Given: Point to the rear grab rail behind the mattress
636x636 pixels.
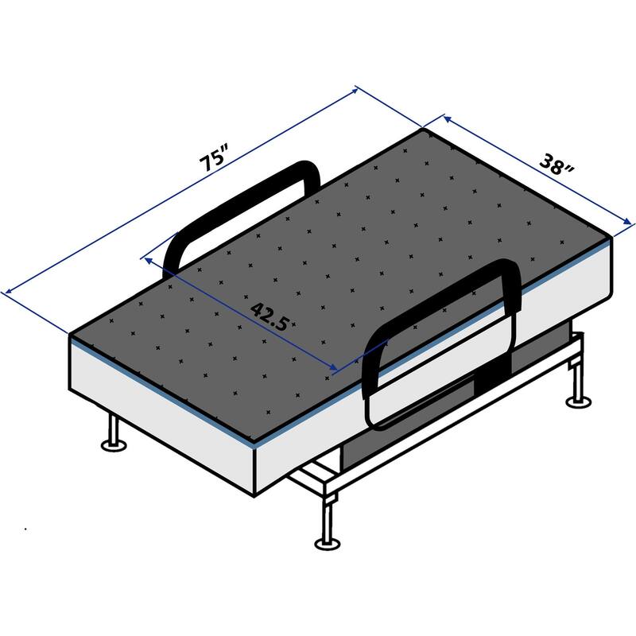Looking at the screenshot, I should pos(238,207).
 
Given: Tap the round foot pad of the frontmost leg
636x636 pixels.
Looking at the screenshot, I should pos(326,544).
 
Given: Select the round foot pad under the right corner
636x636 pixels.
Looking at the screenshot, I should pos(578,401).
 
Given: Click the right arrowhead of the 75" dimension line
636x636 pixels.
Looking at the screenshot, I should pos(357,89).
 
